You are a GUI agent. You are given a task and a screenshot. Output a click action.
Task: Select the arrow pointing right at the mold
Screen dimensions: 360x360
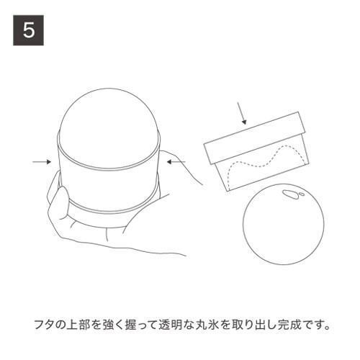[x=41, y=163]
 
